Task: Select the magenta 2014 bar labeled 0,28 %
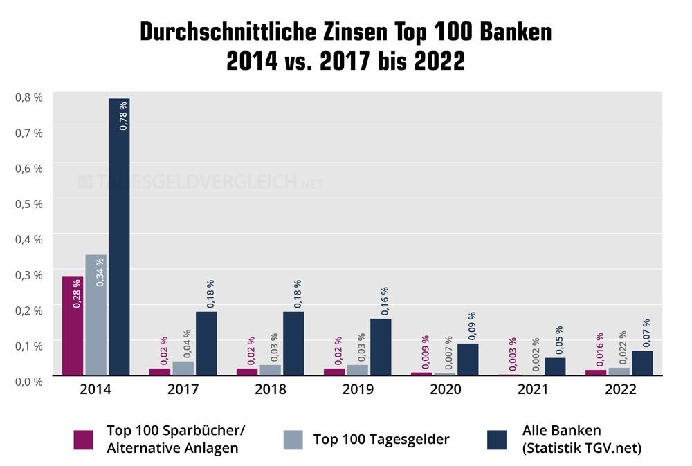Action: [x=73, y=325]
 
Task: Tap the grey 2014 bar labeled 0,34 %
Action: [x=96, y=315]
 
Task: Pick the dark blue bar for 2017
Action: [x=206, y=343]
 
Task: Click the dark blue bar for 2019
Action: [x=381, y=346]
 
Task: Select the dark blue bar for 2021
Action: [x=555, y=366]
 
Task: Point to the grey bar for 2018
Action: [x=271, y=370]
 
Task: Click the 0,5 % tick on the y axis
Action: [x=29, y=203]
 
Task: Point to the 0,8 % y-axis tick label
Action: [x=29, y=97]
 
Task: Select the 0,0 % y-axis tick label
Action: [x=29, y=380]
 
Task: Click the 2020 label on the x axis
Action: [x=445, y=390]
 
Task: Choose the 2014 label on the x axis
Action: [x=96, y=390]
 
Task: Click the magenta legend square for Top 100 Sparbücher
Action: [x=83, y=440]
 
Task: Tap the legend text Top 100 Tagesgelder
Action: [x=381, y=439]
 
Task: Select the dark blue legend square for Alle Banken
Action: [x=496, y=440]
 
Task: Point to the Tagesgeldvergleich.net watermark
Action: [x=201, y=183]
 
